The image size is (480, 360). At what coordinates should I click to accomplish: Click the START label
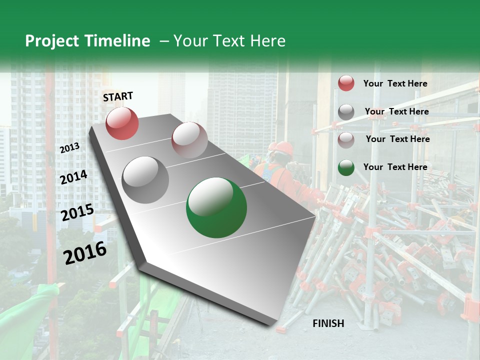click(x=118, y=96)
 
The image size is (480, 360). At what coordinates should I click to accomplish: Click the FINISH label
click(x=328, y=323)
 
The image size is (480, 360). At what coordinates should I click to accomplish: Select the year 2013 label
click(x=69, y=147)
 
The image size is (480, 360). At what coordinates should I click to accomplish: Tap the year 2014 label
click(x=73, y=177)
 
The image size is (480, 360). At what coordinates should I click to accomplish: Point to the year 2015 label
click(x=77, y=212)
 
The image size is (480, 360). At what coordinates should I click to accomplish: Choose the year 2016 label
click(x=85, y=252)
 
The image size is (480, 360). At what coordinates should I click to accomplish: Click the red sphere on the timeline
click(x=122, y=123)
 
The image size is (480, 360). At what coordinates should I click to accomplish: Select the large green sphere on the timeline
click(x=216, y=208)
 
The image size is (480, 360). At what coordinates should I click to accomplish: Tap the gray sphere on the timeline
click(x=145, y=179)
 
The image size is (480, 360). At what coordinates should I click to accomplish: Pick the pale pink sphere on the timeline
click(x=189, y=140)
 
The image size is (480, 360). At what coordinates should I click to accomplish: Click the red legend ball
click(x=346, y=83)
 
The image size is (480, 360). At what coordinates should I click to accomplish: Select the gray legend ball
click(x=346, y=112)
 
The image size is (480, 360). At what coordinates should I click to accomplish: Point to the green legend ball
click(x=346, y=168)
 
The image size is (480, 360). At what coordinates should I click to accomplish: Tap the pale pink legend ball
click(x=346, y=140)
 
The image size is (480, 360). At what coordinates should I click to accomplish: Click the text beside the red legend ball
click(x=395, y=83)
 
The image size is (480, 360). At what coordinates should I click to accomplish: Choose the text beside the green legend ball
click(x=395, y=167)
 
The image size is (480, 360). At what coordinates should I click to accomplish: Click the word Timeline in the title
click(x=118, y=41)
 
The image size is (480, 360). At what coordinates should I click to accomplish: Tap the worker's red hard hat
click(x=283, y=147)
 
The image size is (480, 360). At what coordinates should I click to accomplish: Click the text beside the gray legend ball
click(x=396, y=111)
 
